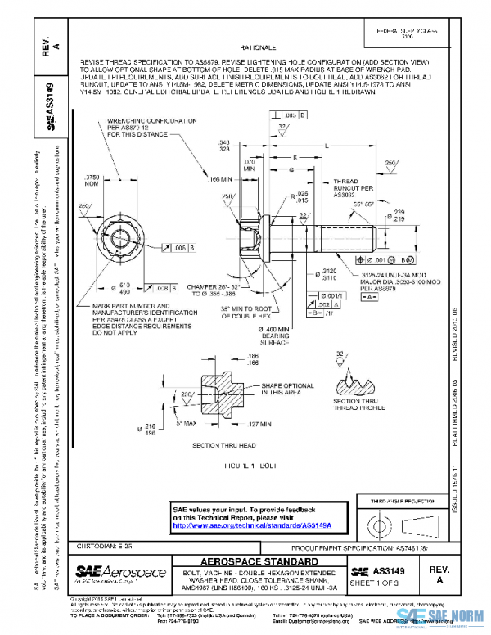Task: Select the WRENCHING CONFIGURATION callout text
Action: (151, 127)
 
